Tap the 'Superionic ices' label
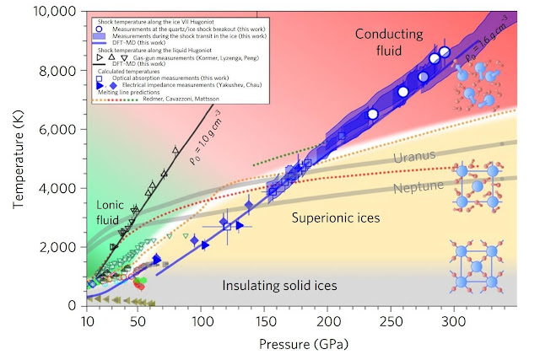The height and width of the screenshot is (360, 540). [336, 218]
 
